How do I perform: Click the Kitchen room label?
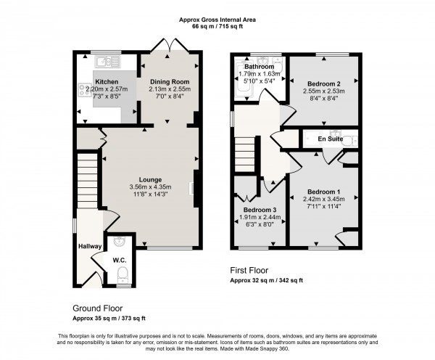(107, 82)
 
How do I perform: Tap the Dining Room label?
(169, 82)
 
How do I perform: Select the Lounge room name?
(151, 179)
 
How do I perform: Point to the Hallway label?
(90, 247)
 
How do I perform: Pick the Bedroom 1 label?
(322, 192)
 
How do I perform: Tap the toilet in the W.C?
(121, 274)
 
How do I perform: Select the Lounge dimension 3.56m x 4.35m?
(151, 187)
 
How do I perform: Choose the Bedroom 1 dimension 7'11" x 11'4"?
(322, 207)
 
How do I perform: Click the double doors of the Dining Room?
(170, 45)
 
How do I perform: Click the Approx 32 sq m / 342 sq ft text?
(266, 279)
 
